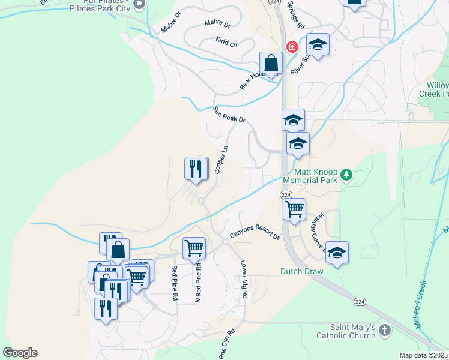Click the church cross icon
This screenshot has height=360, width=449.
coord(385,331)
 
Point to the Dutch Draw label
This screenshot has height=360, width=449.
coord(302,271)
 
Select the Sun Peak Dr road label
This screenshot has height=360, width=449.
coord(229,115)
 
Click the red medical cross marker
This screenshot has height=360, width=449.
coord(292,47)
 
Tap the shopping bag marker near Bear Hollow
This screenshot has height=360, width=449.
coord(271,63)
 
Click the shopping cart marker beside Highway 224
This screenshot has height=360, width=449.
coord(294,209)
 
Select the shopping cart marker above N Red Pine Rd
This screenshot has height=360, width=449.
coord(194,247)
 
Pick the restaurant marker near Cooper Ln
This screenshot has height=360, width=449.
coord(196,168)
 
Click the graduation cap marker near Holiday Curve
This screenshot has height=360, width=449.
coord(337,253)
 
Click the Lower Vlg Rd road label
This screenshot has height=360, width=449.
coord(244,278)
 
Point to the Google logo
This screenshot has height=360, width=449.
coord(20,353)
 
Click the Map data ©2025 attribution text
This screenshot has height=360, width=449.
coord(424,355)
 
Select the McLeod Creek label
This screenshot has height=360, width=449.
coord(421,304)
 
